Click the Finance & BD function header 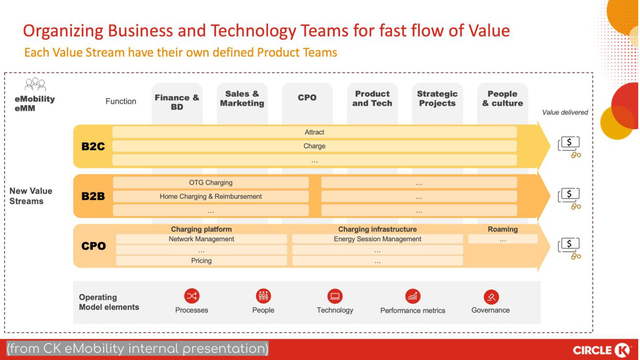(x=177, y=102)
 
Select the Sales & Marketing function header (x=242, y=99)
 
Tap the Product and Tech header (x=372, y=99)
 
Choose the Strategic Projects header (x=437, y=99)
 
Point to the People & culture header (x=503, y=99)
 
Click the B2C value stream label (x=93, y=147)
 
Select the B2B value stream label (x=93, y=196)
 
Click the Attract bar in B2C (x=314, y=132)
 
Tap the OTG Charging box (x=211, y=183)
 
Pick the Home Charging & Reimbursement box (x=211, y=196)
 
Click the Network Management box (x=201, y=239)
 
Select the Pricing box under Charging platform (x=201, y=261)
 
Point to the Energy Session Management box (x=377, y=239)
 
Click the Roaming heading (x=503, y=229)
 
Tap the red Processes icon (x=192, y=296)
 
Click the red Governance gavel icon (x=491, y=296)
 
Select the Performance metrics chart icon (x=412, y=296)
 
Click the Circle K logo (x=602, y=350)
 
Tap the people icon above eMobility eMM (x=35, y=84)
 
